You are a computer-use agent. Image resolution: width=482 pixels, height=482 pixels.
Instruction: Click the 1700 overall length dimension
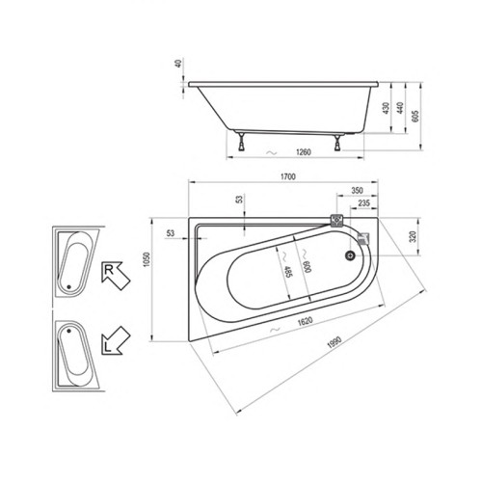click(288, 177)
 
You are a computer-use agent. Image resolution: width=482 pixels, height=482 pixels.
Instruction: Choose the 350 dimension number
click(358, 192)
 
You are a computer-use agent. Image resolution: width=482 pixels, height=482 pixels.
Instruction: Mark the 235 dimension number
click(365, 204)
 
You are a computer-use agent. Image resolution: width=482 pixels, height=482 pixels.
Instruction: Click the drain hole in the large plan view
click(349, 256)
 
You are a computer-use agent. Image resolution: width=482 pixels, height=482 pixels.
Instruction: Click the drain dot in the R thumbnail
click(69, 287)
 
